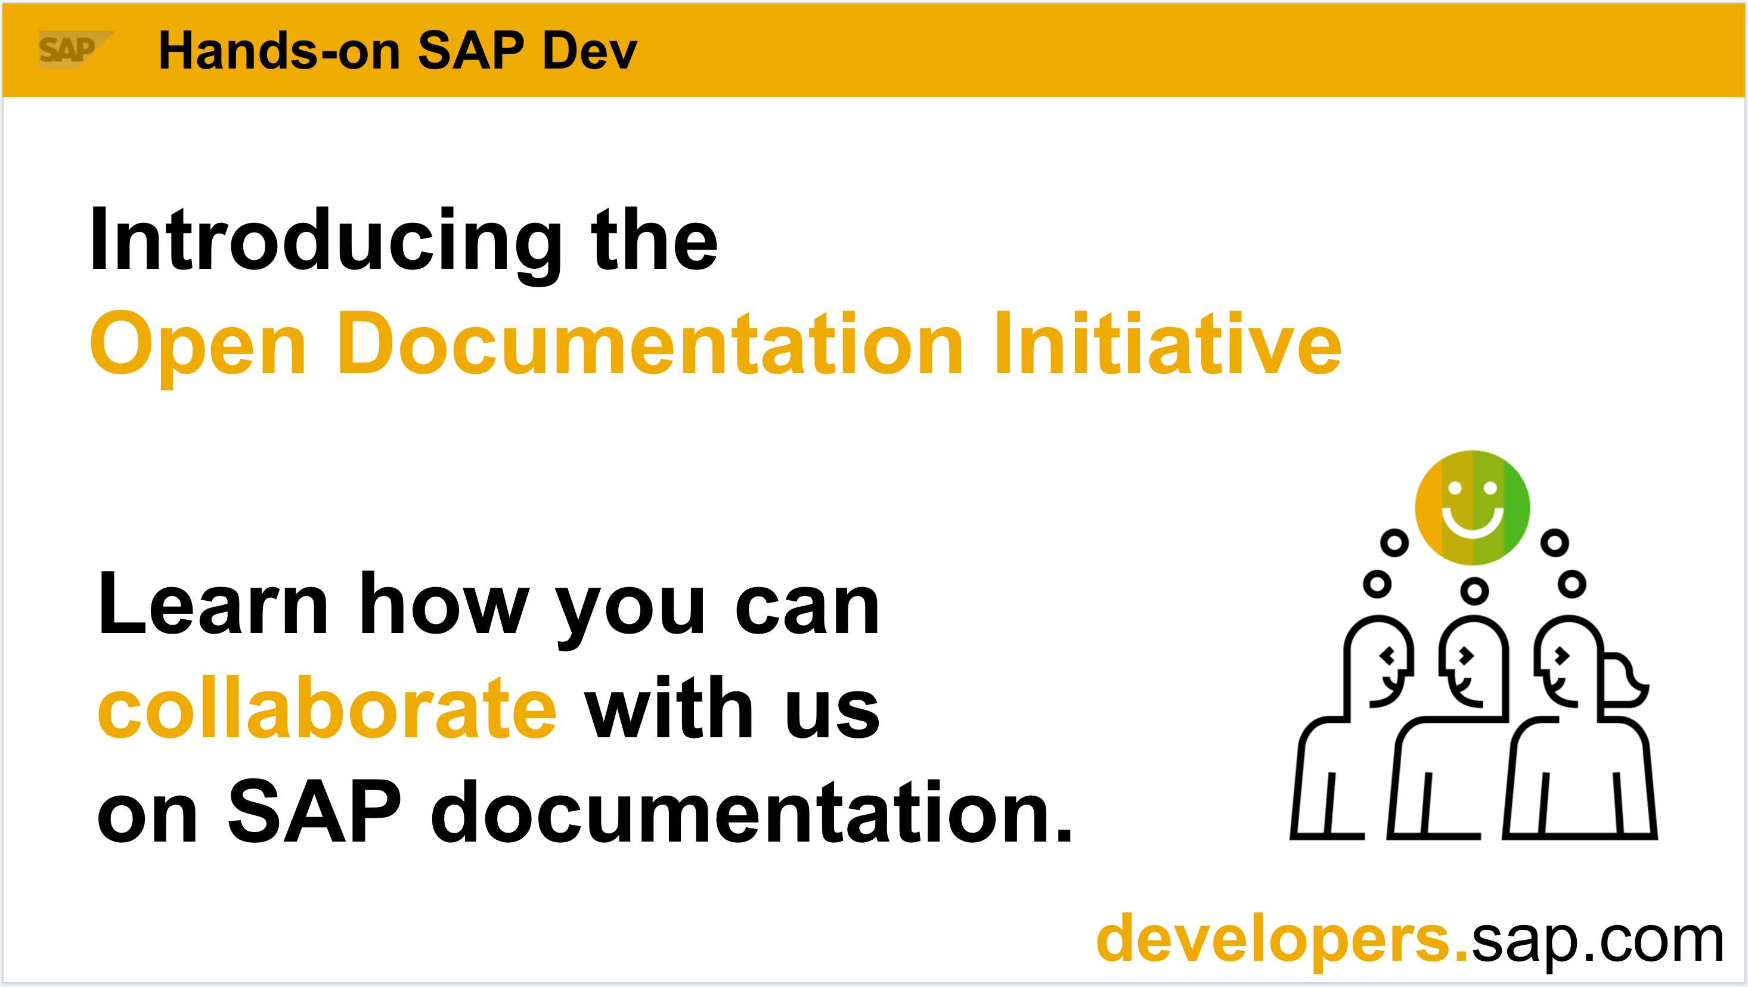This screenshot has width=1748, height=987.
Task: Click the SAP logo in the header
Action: pyautogui.click(x=75, y=49)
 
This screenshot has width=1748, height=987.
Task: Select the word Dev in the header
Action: pyautogui.click(x=590, y=51)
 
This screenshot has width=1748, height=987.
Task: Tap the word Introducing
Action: pyautogui.click(x=326, y=244)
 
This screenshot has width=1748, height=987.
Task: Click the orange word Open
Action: pyautogui.click(x=198, y=346)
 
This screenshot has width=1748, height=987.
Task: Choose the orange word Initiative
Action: pyautogui.click(x=1168, y=343)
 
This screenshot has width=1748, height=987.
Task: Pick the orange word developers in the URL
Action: pyautogui.click(x=1282, y=939)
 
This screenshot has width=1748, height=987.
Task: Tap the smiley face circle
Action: pyautogui.click(x=1472, y=507)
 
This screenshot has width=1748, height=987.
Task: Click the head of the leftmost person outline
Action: pyautogui.click(x=1378, y=662)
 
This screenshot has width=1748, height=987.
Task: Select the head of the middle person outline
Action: pyautogui.click(x=1474, y=662)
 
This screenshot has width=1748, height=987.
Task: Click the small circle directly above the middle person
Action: pyautogui.click(x=1474, y=591)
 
